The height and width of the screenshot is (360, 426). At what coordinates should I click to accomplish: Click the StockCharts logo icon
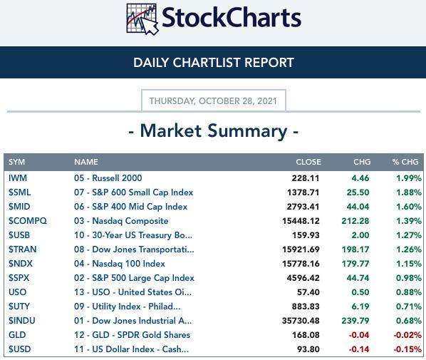[x=142, y=19]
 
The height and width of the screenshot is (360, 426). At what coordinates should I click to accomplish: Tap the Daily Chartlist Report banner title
[x=214, y=63]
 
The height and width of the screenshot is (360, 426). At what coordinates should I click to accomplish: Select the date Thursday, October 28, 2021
[x=213, y=101]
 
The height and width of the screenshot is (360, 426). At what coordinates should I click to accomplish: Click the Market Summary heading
[x=214, y=131]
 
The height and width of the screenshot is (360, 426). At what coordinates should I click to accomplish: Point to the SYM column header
[x=16, y=162]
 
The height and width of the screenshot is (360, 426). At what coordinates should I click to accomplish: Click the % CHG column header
[x=405, y=162]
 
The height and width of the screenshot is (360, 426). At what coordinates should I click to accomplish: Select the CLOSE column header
[x=308, y=162]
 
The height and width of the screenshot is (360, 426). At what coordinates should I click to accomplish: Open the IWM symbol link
[x=18, y=178]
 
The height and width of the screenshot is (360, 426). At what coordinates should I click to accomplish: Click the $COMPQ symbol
[x=28, y=221]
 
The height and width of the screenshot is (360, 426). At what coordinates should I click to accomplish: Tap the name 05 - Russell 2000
[x=108, y=178]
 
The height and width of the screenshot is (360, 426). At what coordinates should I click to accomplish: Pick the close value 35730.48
[x=301, y=321]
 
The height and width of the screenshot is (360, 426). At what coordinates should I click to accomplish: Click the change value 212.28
[x=355, y=221]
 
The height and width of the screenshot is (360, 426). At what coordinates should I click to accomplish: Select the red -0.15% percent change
[x=407, y=349]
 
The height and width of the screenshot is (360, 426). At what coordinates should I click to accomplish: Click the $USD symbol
[x=19, y=349]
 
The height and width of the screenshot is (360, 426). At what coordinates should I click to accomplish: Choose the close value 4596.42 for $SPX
[x=303, y=278]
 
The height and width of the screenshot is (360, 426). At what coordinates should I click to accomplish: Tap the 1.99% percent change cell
[x=409, y=178]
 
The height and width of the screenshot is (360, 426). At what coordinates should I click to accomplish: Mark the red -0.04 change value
[x=359, y=335]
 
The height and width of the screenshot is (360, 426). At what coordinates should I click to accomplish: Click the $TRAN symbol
[x=23, y=250]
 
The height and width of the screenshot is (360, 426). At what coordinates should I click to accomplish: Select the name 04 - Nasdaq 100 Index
[x=120, y=264]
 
